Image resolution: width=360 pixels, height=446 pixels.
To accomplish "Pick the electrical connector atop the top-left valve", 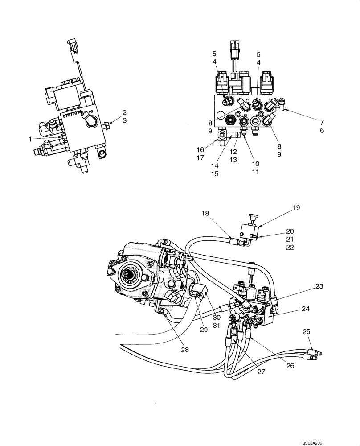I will (x=72, y=46).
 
